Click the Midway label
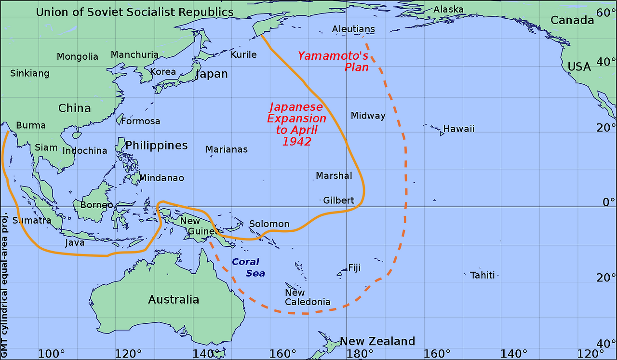368,116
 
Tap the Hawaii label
459,129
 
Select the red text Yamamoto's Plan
333,61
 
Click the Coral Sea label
247,267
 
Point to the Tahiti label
483,275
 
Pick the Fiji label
354,268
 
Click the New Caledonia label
308,297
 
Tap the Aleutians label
353,29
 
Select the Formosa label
140,121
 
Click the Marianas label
227,149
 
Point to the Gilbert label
338,200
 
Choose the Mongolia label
78,57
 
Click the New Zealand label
377,342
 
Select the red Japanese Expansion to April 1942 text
296,124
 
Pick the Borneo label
96,205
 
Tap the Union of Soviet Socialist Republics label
134,13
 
